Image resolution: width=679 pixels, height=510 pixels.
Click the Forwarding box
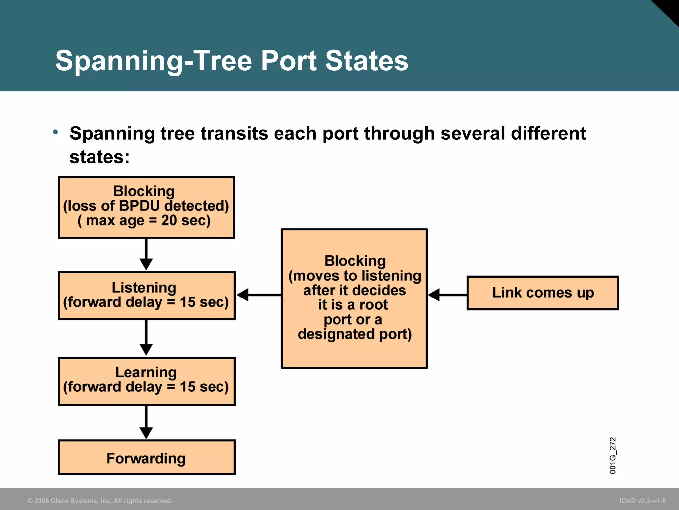(x=147, y=457)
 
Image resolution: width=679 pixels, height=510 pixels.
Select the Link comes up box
(x=543, y=293)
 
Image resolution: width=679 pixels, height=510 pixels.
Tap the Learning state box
(x=147, y=381)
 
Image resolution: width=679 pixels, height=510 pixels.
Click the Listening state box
(x=147, y=296)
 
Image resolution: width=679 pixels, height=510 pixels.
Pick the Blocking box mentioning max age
(x=147, y=207)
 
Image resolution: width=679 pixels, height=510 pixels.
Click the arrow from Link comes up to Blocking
(x=448, y=295)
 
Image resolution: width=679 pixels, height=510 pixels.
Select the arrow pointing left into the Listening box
(x=259, y=295)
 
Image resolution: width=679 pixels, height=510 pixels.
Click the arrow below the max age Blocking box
(x=146, y=254)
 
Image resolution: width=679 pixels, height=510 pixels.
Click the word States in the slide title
(x=366, y=61)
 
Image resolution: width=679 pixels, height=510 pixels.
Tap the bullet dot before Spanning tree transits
(x=55, y=132)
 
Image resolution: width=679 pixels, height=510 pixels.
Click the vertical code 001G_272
(x=612, y=455)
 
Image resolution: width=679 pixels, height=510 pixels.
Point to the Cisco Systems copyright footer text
(x=100, y=501)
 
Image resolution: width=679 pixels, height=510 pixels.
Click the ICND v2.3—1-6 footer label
(x=643, y=501)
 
